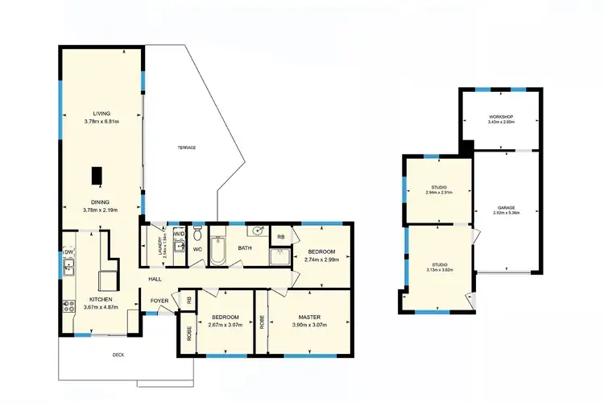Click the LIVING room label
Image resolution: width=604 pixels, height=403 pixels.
tap(101, 114)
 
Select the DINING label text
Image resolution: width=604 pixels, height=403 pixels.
tap(101, 202)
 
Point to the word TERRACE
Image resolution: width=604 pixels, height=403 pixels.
tap(187, 147)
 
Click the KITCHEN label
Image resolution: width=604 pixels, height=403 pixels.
tap(101, 299)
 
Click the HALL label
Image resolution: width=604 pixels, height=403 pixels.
tap(155, 279)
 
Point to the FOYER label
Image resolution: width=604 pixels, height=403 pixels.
tap(159, 301)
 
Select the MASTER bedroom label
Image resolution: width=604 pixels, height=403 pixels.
tap(309, 317)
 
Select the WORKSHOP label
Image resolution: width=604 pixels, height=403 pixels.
tap(501, 118)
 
